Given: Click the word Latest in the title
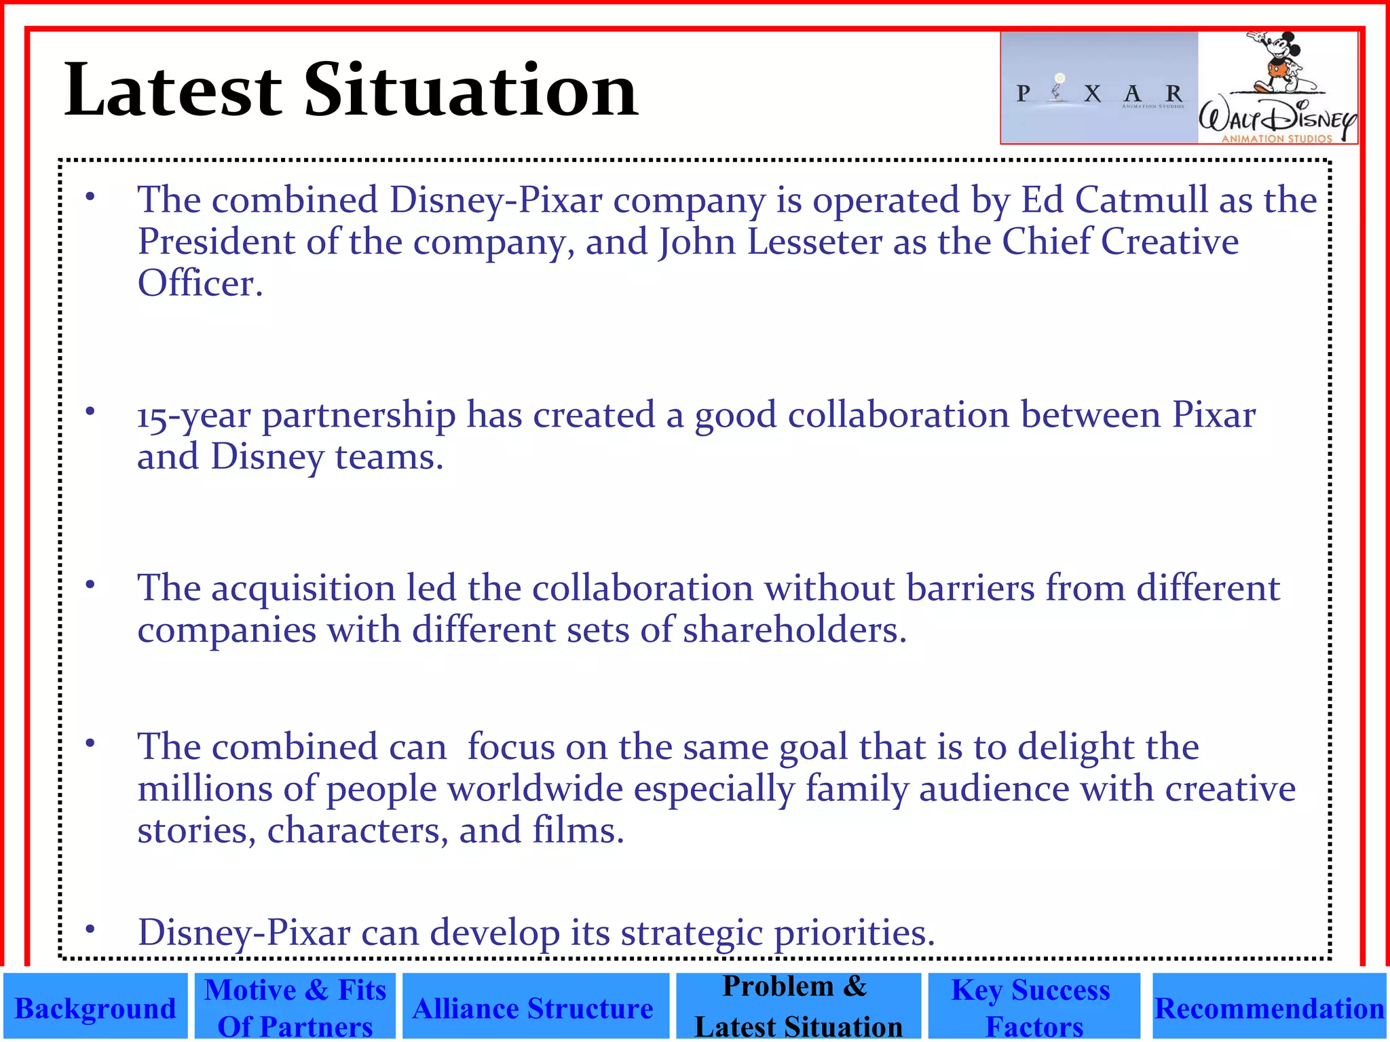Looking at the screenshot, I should click(x=172, y=90).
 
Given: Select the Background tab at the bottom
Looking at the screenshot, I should click(x=95, y=1008).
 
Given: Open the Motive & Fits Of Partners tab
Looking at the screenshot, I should click(x=295, y=1008).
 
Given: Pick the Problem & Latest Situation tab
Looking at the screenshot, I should click(x=798, y=1007).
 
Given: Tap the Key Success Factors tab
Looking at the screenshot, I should click(x=1032, y=1008).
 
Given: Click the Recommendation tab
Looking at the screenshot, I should click(x=1269, y=1008).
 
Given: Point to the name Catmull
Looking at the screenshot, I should click(x=1141, y=200).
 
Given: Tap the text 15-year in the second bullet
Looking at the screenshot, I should click(x=193, y=416).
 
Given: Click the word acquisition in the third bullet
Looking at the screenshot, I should click(x=303, y=588).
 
